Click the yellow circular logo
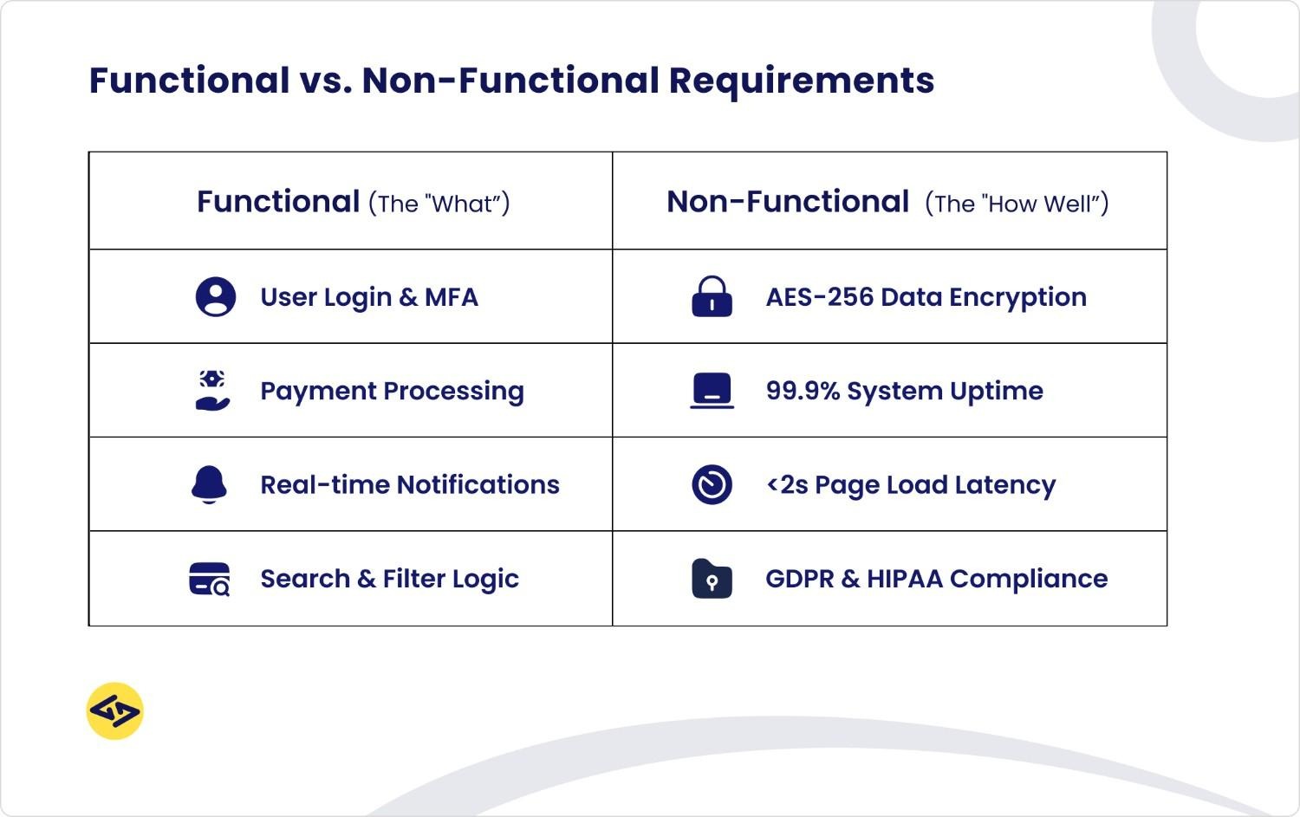(114, 711)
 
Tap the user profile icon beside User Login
(215, 297)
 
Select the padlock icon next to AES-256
(712, 297)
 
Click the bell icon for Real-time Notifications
(209, 484)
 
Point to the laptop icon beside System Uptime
(712, 391)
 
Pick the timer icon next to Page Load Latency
(712, 484)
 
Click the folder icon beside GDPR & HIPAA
(712, 579)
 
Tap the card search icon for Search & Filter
(210, 579)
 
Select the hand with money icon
(212, 391)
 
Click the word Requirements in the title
(801, 81)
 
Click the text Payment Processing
(392, 392)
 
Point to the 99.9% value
(803, 391)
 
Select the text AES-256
(819, 297)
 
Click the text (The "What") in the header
(439, 204)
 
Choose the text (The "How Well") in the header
(1017, 204)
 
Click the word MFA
(451, 297)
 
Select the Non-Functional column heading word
(787, 202)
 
